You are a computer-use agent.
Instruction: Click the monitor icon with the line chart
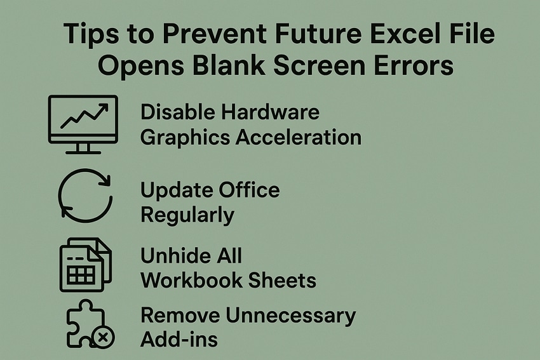coord(83,119)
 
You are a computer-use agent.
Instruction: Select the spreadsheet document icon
coord(84,265)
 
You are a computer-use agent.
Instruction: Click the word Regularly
coord(187,215)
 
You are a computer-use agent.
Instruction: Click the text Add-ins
coord(179,339)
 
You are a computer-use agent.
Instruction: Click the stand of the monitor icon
coord(83,149)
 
